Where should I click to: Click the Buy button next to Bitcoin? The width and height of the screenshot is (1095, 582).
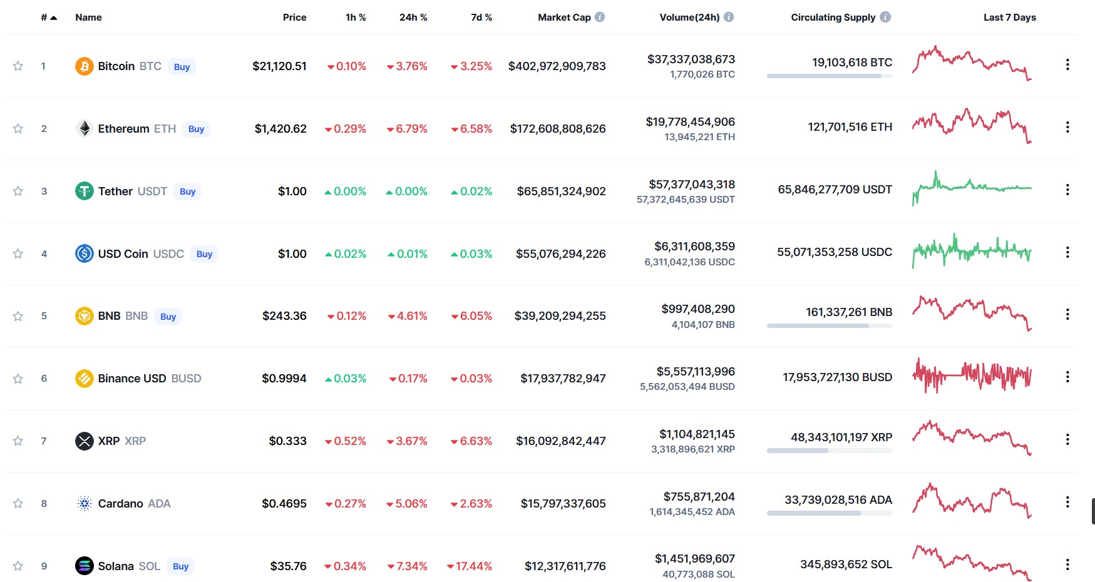tap(182, 67)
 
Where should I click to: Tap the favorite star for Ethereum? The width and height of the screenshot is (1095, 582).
tap(18, 128)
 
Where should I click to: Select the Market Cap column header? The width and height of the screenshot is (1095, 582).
tap(564, 18)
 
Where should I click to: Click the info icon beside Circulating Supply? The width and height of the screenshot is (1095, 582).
tap(885, 17)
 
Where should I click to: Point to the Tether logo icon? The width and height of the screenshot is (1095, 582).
tap(85, 191)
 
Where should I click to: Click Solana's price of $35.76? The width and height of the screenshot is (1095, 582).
tap(289, 566)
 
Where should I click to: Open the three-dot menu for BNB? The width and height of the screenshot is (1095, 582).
tap(1067, 314)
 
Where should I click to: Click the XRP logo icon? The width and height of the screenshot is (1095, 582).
tap(85, 441)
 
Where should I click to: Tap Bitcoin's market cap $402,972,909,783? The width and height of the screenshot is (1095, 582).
tap(557, 66)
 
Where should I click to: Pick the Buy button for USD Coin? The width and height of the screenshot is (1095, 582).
tap(204, 254)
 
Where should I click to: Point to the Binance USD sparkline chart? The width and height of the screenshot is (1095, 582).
tap(972, 375)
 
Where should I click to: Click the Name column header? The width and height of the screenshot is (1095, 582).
tap(88, 18)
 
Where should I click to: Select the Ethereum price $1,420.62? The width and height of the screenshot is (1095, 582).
tap(280, 129)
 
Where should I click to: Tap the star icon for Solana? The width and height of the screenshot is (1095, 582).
tap(18, 566)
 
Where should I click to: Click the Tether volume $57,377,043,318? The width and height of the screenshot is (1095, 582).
tap(692, 185)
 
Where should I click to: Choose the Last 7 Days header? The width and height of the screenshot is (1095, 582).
tap(1009, 18)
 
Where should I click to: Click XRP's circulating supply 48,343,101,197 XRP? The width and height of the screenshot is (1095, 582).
tap(841, 437)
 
